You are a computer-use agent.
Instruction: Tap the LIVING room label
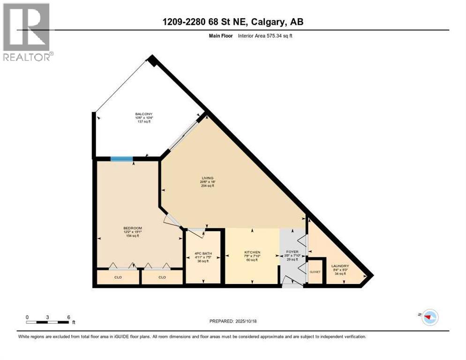207,178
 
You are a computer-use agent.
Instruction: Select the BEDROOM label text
130,228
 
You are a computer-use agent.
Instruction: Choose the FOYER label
292,252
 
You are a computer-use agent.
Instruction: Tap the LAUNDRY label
340,266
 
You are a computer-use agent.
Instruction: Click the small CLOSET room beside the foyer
315,271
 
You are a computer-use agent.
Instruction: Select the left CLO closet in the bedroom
118,277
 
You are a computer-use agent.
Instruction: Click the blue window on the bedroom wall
121,158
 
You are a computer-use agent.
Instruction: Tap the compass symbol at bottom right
429,317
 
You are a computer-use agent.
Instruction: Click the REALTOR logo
28,32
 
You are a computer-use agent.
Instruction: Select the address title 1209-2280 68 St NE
233,22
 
